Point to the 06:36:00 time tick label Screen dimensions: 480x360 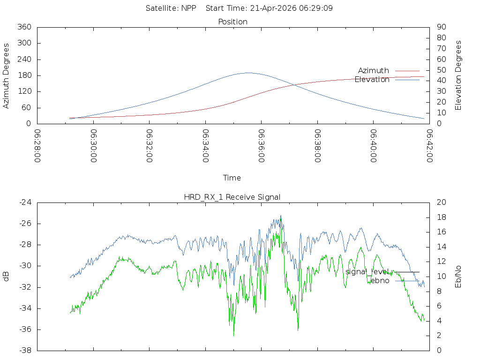click(x=262, y=146)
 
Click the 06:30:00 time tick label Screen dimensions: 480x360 click(x=94, y=146)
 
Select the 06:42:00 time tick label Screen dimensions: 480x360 click(x=429, y=146)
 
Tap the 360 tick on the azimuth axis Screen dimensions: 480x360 click(x=24, y=27)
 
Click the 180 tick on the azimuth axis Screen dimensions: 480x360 click(x=24, y=75)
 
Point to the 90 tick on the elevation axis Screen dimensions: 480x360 click(x=442, y=27)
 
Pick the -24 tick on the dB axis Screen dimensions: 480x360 click(x=25, y=202)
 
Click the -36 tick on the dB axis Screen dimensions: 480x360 click(x=25, y=330)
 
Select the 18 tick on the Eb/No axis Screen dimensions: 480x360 click(x=442, y=217)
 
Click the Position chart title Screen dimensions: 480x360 click(x=232, y=22)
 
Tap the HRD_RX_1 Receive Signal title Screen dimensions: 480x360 click(x=232, y=197)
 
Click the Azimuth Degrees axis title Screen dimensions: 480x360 click(x=6, y=75)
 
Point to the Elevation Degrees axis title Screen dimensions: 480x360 click(x=458, y=75)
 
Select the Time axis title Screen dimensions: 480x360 click(x=232, y=178)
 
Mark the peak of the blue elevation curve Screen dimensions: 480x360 click(x=248, y=73)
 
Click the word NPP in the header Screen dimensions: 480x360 click(x=188, y=8)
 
